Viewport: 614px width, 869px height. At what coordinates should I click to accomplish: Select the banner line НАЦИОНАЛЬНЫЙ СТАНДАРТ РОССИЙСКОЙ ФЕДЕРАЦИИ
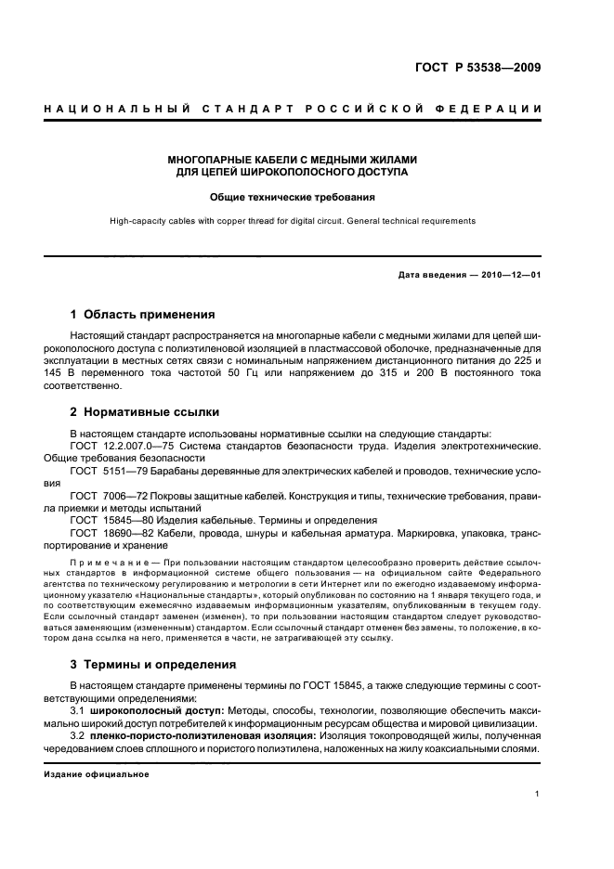point(294,110)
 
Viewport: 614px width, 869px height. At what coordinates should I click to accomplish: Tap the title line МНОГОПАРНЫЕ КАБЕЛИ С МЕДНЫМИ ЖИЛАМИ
point(292,159)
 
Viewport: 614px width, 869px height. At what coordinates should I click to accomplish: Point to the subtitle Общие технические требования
point(292,197)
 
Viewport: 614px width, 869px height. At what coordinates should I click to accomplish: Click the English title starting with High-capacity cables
point(292,221)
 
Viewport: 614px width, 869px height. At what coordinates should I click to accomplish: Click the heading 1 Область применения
point(142,315)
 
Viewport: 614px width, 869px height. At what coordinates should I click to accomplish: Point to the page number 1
point(538,795)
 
